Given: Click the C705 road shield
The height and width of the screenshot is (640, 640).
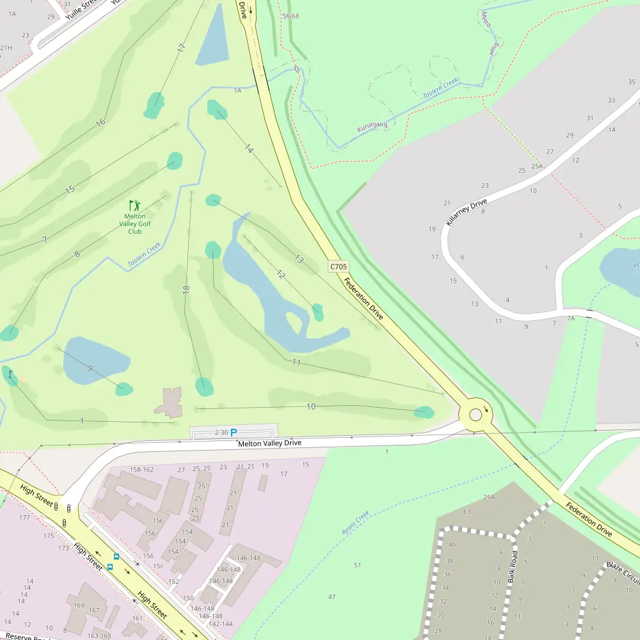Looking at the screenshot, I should (339, 266).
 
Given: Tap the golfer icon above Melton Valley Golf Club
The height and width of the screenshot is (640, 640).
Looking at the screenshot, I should (134, 205).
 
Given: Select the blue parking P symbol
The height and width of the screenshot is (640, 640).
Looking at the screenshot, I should (234, 433).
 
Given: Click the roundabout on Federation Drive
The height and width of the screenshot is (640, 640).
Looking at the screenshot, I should (476, 415).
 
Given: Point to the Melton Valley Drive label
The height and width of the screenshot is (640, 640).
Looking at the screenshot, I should (269, 443).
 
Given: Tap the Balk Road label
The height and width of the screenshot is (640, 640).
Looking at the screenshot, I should (513, 566).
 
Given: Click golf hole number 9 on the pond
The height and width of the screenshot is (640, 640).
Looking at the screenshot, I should (90, 368).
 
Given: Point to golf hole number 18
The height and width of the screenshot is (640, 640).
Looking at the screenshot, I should (186, 289).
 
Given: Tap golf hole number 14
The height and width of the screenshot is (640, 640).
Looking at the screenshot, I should (249, 149).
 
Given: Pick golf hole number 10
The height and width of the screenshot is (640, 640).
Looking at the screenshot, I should (311, 406).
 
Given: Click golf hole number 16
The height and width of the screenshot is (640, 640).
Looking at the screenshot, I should (100, 122).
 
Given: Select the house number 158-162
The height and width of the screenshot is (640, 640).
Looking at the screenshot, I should (142, 469).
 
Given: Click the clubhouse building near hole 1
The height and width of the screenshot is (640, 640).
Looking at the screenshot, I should (170, 402).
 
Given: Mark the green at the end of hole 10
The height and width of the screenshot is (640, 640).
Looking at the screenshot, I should (424, 412).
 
